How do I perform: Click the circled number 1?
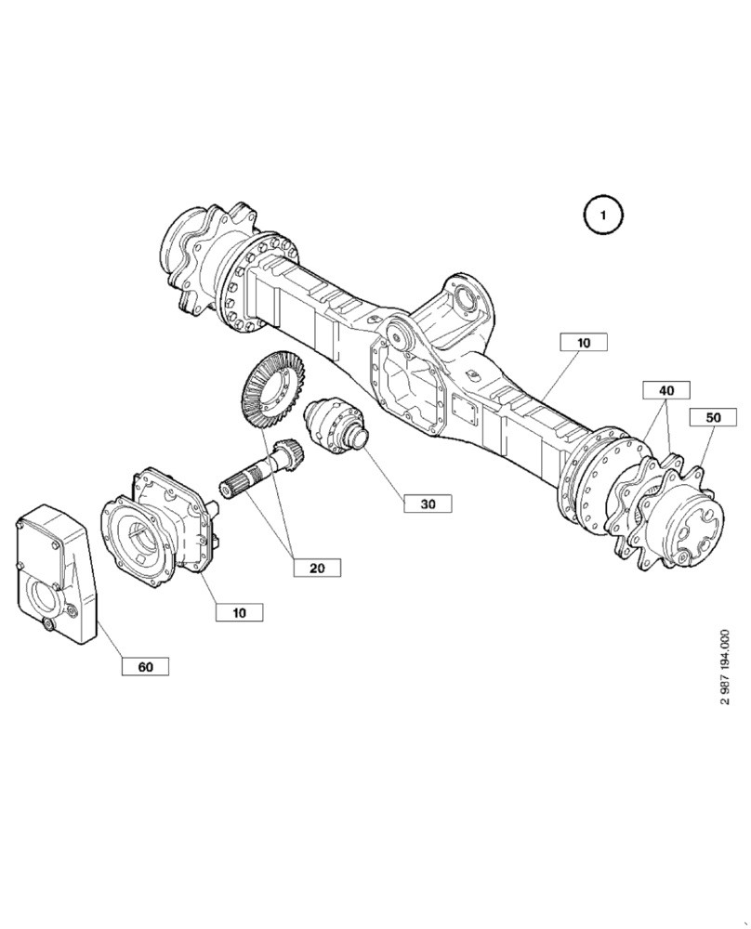tap(602, 216)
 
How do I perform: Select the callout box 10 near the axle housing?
tap(583, 342)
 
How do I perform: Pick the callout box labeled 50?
tap(713, 417)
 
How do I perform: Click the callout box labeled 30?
tap(428, 504)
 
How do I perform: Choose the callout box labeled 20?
tap(317, 567)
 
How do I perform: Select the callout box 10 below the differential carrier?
tap(239, 612)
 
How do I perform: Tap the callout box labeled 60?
tap(145, 666)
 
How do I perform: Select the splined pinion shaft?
tap(263, 473)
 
